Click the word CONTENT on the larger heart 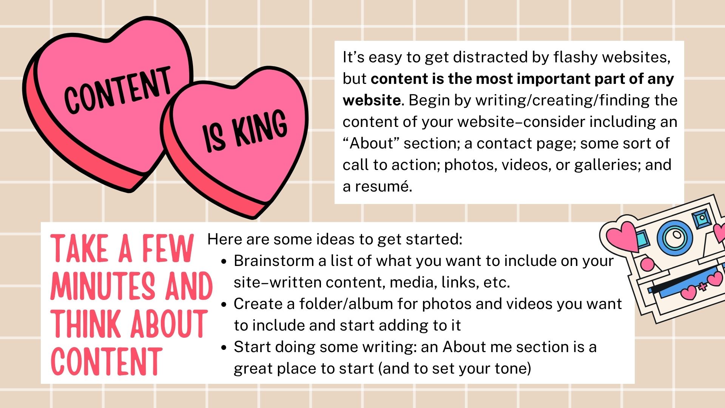pyautogui.click(x=117, y=90)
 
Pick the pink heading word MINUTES pyautogui.click(x=103, y=286)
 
